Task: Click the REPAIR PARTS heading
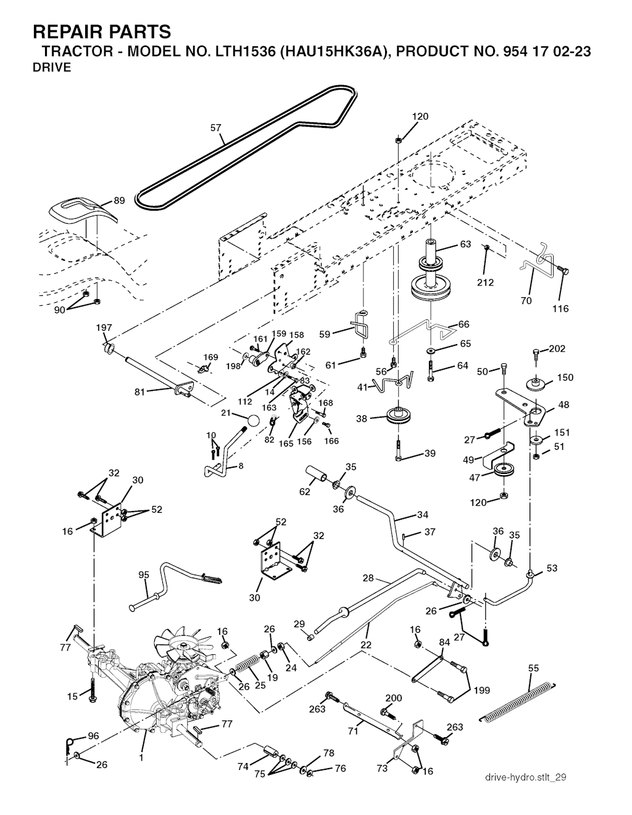point(101,32)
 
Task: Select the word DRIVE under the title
point(51,68)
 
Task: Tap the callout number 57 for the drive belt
point(215,129)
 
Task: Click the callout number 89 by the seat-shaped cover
point(119,200)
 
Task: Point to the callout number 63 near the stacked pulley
point(465,244)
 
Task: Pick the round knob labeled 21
point(252,421)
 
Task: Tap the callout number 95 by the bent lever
point(144,575)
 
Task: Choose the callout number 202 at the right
point(557,348)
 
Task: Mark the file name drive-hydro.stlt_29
point(525,777)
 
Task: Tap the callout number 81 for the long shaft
point(141,392)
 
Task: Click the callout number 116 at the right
point(560,308)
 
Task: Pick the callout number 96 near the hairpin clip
point(93,736)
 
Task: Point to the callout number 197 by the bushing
point(104,327)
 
